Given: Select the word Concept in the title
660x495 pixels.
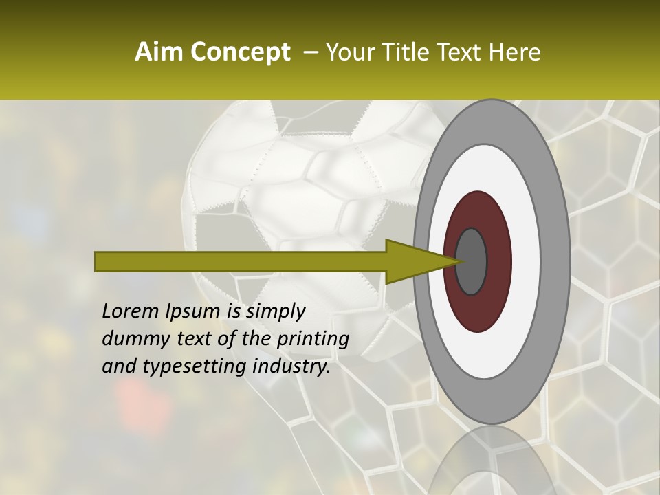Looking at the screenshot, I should tap(241, 52).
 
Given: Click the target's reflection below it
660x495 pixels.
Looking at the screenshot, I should tap(492, 464).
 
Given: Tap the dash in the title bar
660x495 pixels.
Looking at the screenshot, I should tap(310, 52).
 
